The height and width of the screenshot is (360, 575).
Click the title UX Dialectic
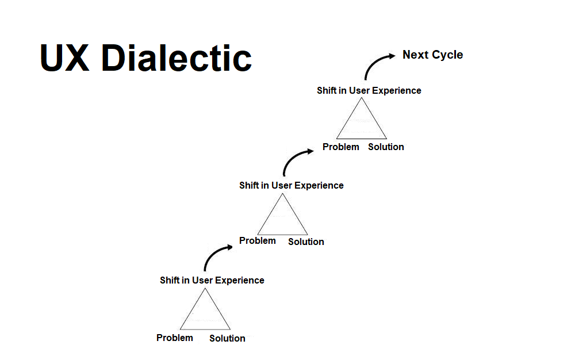pos(146,58)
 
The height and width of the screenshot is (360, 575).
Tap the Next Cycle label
pos(432,55)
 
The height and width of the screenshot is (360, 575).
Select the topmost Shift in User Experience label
pos(369,90)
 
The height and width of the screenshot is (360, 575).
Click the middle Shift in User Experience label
pos(291,185)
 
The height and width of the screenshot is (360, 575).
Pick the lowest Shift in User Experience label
pos(212,280)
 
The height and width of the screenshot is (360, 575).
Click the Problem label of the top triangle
pos(341,147)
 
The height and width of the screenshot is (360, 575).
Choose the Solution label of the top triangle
pos(386,147)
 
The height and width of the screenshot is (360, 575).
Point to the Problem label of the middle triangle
pos(258,240)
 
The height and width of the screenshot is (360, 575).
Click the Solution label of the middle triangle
pos(306,242)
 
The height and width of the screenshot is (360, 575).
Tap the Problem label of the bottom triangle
pos(175,338)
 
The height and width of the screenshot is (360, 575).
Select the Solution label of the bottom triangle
pos(227,338)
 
